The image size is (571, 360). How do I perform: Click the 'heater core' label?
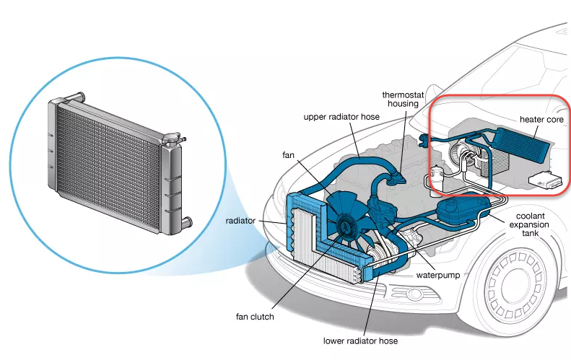(x=541, y=119)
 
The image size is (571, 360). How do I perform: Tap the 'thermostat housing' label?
(x=403, y=99)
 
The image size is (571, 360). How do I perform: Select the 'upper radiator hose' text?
(x=341, y=117)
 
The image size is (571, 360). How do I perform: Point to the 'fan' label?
(x=288, y=155)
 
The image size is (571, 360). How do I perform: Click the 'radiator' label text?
(x=240, y=221)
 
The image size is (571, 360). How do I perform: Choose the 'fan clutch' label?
(x=255, y=317)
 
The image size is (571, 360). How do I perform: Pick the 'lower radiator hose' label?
(x=360, y=341)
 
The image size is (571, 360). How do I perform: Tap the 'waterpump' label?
(x=438, y=275)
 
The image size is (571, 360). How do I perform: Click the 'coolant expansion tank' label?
(x=529, y=224)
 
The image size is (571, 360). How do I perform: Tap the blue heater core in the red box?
(x=519, y=144)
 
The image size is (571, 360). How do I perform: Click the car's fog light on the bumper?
(x=415, y=293)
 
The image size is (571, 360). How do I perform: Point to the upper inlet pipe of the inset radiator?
(x=76, y=97)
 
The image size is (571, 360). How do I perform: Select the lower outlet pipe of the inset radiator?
(x=186, y=221)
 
